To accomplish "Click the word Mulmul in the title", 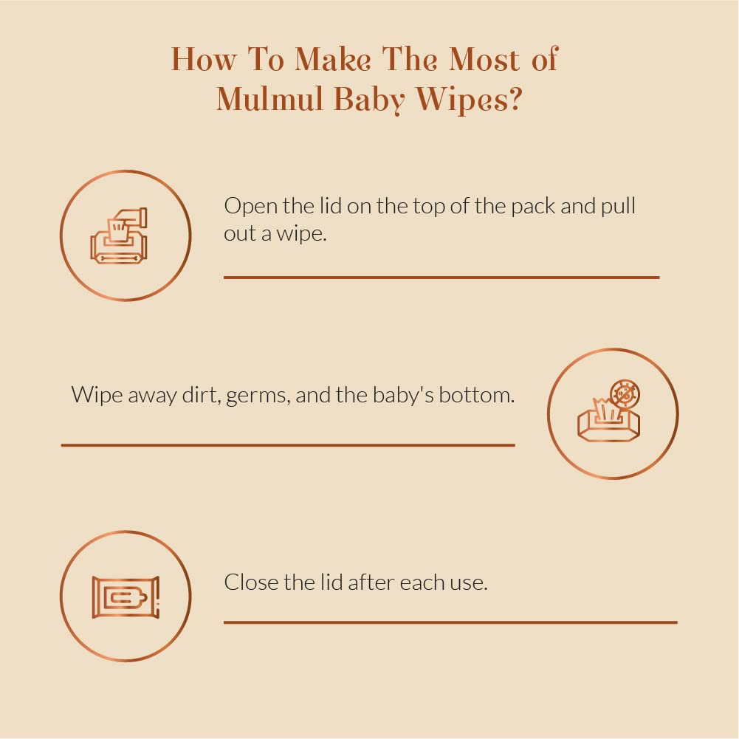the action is coord(270,100).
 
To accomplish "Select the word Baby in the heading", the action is coord(369,100).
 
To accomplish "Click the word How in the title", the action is coord(203,59).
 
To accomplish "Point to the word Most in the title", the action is coord(484,59).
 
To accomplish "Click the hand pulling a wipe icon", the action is coord(119,236).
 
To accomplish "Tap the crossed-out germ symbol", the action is coord(625,394).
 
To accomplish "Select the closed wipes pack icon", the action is coord(126,597).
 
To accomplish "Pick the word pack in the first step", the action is coord(532,207).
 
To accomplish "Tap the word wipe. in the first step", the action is coord(301,234).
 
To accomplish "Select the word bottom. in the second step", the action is coord(476,394).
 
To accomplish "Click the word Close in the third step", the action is coord(251,582).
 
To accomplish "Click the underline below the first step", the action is coord(441,278).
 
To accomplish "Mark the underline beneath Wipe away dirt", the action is coord(288,445).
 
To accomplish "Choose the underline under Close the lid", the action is coord(450,622).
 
